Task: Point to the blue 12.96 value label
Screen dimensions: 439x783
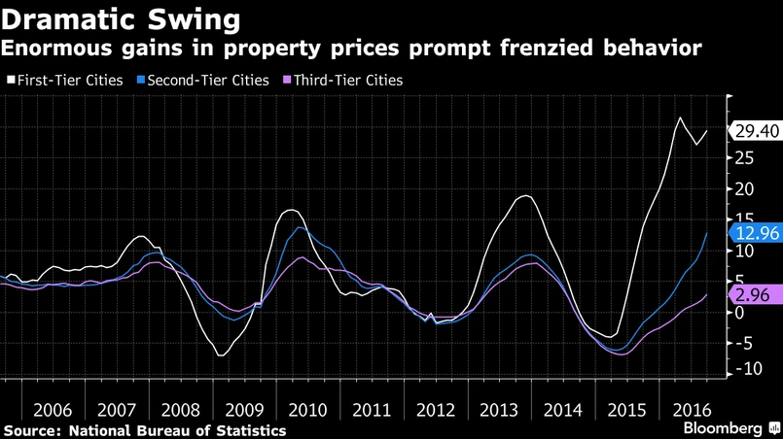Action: [756, 233]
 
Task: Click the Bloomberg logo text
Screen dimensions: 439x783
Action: [722, 428]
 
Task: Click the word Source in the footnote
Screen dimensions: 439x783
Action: [29, 429]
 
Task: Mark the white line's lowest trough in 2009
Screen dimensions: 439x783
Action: [221, 355]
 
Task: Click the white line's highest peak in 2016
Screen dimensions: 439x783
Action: [680, 118]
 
